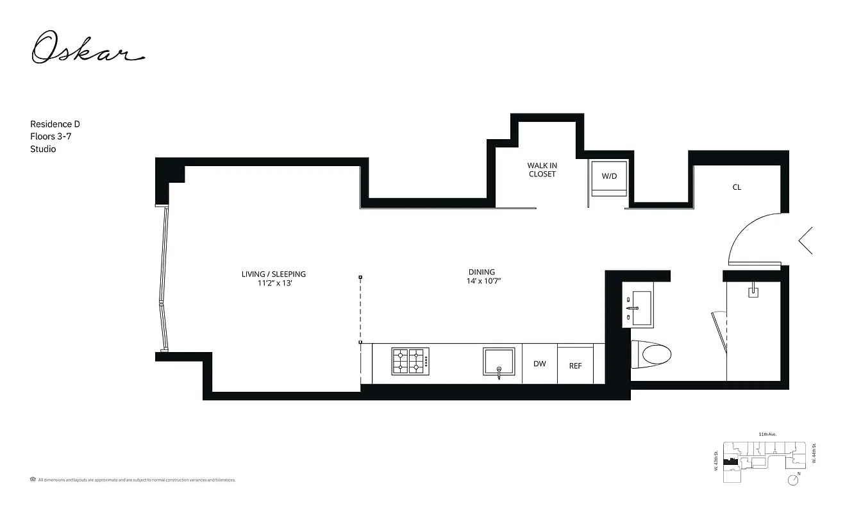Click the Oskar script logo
click(88, 48)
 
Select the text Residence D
click(55, 124)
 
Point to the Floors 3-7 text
click(53, 137)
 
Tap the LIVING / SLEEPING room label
click(274, 274)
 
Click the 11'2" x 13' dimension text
click(274, 283)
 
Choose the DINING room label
click(481, 272)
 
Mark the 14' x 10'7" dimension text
click(483, 281)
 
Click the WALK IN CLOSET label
click(542, 170)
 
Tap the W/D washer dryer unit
click(609, 178)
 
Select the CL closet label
click(737, 187)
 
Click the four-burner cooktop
click(409, 361)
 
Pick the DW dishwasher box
click(540, 364)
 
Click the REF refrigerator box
click(576, 366)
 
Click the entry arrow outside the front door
click(806, 240)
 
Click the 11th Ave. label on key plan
click(767, 435)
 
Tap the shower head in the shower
click(754, 292)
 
